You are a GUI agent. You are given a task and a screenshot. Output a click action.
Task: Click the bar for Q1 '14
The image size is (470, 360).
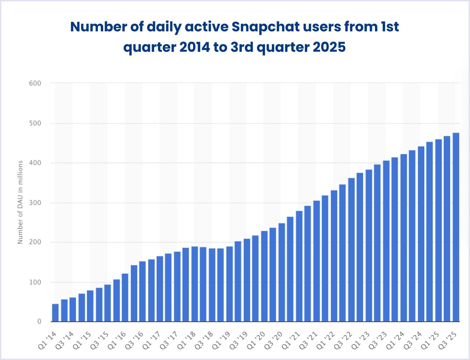click(x=55, y=313)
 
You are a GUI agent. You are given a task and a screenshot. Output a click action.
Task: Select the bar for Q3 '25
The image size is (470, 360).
click(x=456, y=227)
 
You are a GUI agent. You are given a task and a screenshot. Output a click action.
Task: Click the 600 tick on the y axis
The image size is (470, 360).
click(x=35, y=83)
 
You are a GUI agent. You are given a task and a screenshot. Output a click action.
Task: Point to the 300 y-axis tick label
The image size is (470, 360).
click(x=35, y=203)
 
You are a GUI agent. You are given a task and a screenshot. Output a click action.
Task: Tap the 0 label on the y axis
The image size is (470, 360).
click(x=39, y=321)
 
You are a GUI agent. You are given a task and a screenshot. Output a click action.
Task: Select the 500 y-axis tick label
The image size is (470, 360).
click(x=35, y=123)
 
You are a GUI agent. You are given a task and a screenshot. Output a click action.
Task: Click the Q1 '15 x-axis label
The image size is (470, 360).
click(x=82, y=340)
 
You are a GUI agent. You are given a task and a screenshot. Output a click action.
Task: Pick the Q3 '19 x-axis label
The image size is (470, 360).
click(x=239, y=340)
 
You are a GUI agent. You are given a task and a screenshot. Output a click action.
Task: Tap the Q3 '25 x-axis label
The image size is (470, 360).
click(x=448, y=340)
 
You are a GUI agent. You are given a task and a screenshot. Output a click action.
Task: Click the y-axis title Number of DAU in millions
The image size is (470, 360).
click(x=20, y=202)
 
